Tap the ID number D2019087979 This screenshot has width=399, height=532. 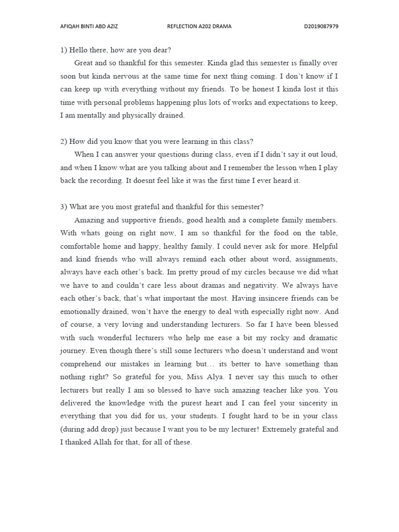coord(321,26)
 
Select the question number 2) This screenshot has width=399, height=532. coord(64,141)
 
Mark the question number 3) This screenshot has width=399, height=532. coord(64,207)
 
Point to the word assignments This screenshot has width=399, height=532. coord(316,259)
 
